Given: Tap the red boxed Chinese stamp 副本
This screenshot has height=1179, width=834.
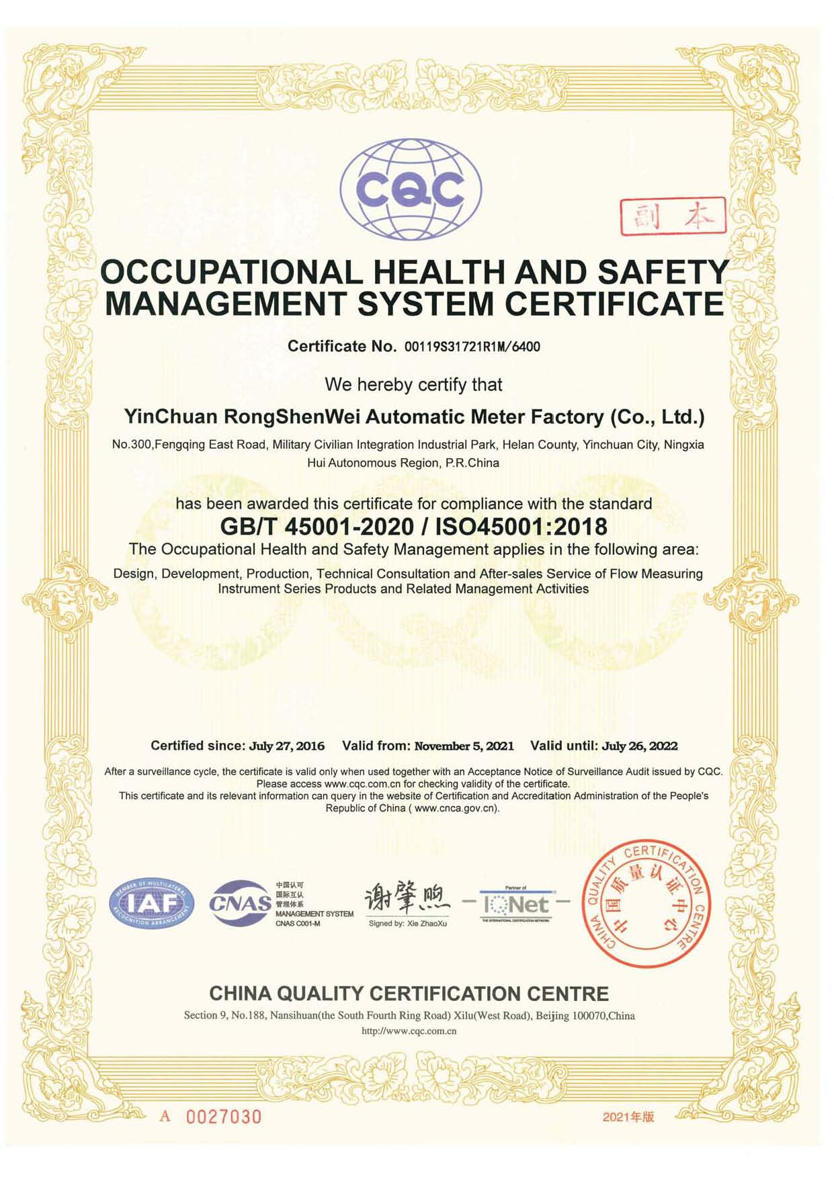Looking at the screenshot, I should [672, 216].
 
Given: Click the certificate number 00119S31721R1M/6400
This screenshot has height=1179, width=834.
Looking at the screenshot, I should [471, 347].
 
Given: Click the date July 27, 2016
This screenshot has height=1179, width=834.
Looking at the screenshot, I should [287, 746].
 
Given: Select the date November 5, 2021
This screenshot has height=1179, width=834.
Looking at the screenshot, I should [464, 746].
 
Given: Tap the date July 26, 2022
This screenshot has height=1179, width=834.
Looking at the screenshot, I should [640, 746].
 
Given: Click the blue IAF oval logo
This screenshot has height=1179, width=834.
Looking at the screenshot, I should [151, 904].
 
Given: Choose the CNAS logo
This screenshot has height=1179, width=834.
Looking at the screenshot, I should [240, 904].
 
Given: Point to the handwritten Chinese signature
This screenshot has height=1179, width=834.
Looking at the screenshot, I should [406, 899].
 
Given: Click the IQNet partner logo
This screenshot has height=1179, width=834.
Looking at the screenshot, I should [515, 904].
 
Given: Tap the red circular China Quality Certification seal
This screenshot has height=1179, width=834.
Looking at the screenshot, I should [646, 903].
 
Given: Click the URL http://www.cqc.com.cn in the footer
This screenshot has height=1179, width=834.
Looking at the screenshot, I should [409, 1031].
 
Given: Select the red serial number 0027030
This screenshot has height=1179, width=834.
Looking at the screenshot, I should [223, 1117].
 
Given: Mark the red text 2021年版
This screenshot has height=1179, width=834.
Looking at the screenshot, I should [628, 1117].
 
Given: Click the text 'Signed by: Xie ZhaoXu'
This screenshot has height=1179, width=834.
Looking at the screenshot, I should [407, 924].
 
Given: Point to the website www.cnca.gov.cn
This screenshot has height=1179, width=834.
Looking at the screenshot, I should [456, 808].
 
